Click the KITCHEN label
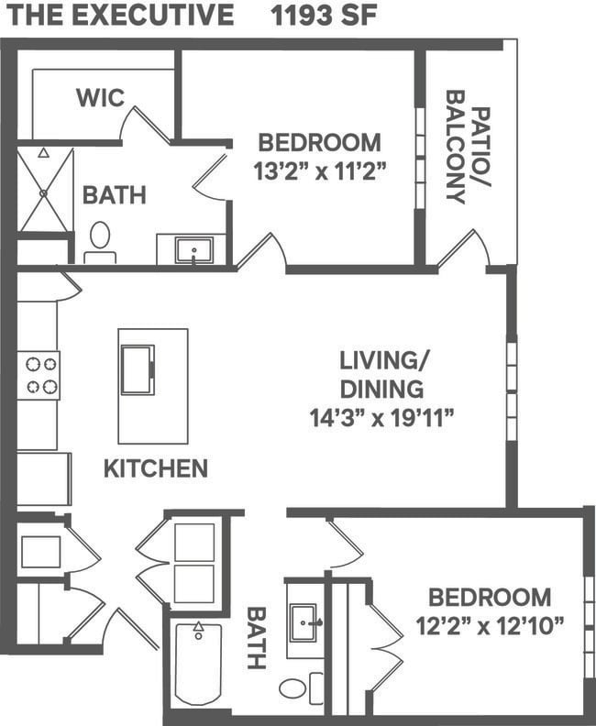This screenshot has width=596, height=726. [x=155, y=469]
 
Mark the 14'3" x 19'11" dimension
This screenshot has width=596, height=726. [x=382, y=418]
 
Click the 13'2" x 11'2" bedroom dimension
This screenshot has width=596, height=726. [x=319, y=170]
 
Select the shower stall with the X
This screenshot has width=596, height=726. [x=45, y=190]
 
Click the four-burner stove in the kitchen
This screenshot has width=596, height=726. [x=39, y=375]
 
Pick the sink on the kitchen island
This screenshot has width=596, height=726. [x=138, y=369]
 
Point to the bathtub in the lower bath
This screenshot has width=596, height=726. [x=198, y=663]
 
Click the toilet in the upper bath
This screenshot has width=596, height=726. [x=100, y=238]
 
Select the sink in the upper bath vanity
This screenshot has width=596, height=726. [x=193, y=249]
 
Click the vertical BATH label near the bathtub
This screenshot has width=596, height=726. [x=256, y=637]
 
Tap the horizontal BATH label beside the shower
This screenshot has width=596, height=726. [x=115, y=195]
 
